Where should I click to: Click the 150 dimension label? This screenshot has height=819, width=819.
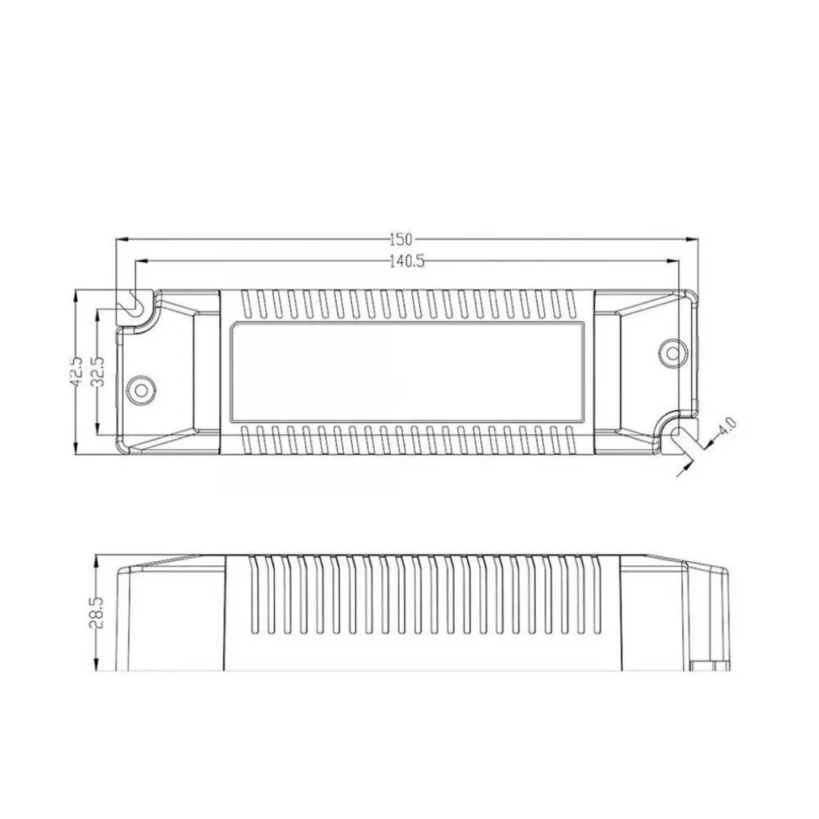(401, 238)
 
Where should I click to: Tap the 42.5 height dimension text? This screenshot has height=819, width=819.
(75, 372)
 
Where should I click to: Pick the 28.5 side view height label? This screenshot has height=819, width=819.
(96, 612)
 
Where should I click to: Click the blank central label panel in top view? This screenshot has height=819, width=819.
(407, 372)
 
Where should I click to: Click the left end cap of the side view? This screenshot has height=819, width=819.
(170, 616)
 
